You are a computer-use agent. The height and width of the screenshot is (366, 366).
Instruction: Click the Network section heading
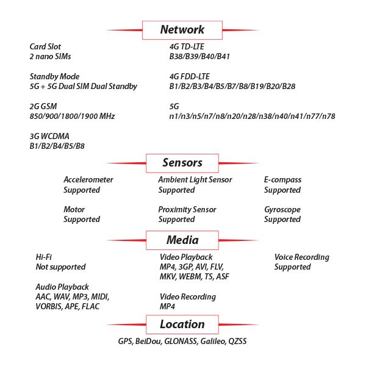182,29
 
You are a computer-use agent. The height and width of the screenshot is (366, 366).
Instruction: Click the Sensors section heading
182,163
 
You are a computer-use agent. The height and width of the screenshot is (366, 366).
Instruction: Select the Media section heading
182,240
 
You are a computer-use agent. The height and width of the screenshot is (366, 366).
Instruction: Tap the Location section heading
182,324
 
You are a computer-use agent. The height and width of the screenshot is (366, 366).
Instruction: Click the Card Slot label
45,46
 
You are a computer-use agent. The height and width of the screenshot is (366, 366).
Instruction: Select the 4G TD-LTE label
188,46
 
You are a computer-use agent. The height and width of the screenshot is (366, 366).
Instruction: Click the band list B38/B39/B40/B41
199,57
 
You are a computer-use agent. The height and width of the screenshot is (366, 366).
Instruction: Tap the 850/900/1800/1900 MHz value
73,116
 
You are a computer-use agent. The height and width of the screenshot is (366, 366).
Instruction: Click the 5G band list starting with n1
252,116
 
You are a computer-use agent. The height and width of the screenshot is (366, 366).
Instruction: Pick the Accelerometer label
88,180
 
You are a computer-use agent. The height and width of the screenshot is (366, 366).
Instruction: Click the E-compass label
282,180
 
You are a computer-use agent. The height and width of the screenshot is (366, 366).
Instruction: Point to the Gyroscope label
282,209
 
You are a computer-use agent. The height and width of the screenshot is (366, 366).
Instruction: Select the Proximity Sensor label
187,209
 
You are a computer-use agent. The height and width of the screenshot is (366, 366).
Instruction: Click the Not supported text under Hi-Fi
60,267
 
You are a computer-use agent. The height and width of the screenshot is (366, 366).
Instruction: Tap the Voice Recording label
302,257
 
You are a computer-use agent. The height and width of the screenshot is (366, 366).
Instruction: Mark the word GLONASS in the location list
181,342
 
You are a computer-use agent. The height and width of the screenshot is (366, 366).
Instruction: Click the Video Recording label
188,296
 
